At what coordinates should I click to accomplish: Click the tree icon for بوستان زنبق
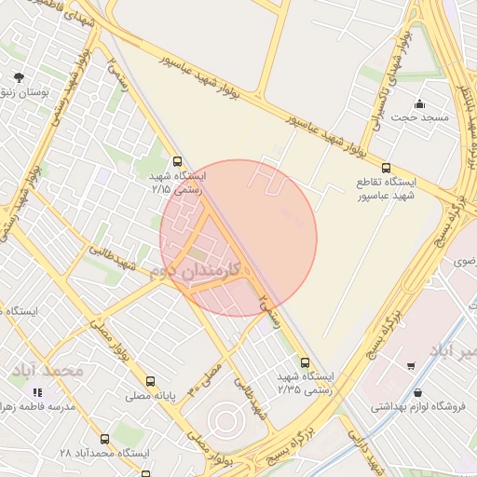pyautogui.click(x=18, y=78)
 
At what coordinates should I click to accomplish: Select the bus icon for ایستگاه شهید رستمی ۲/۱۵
pyautogui.click(x=178, y=160)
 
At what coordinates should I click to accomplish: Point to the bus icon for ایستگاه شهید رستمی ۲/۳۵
pyautogui.click(x=305, y=362)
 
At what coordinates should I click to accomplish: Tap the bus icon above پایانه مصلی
pyautogui.click(x=150, y=381)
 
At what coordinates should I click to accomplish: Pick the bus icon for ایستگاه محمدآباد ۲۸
pyautogui.click(x=103, y=438)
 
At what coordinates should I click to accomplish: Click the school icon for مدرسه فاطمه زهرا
pyautogui.click(x=37, y=393)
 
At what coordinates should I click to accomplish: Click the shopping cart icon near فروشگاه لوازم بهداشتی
pyautogui.click(x=411, y=366)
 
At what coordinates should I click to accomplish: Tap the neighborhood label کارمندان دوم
pyautogui.click(x=196, y=271)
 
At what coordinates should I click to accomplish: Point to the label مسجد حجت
pyautogui.click(x=419, y=118)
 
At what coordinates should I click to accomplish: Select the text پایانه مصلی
pyautogui.click(x=150, y=396)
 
